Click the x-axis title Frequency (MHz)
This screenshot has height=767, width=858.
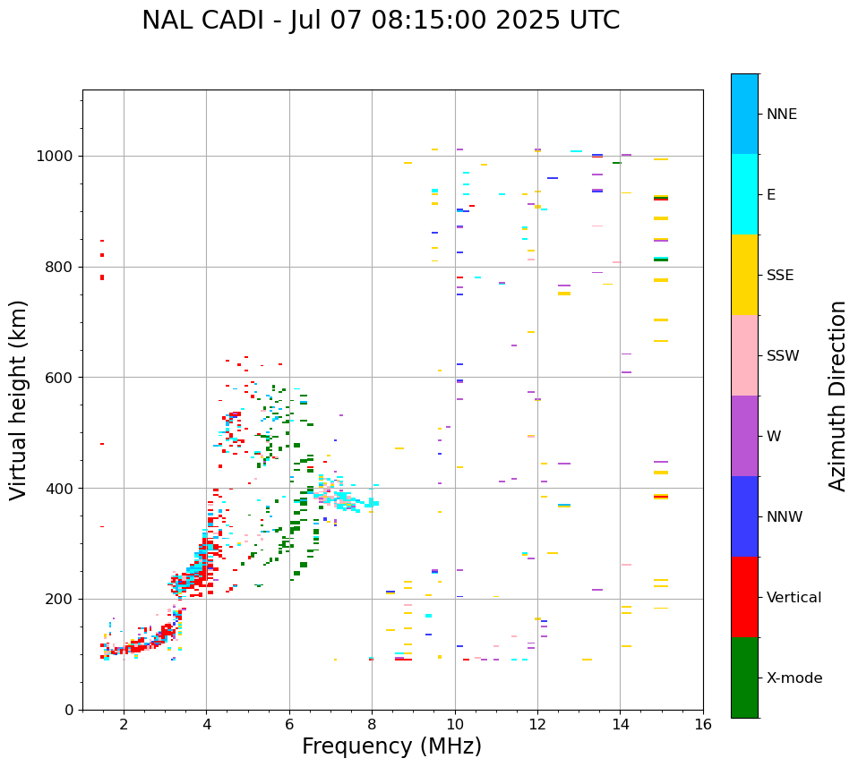pyautogui.click(x=391, y=746)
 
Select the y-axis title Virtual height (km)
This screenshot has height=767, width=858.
pyautogui.click(x=19, y=399)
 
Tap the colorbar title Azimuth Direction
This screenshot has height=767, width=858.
pyautogui.click(x=837, y=396)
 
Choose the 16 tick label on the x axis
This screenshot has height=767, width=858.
pyautogui.click(x=703, y=725)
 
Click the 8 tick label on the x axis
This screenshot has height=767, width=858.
pyautogui.click(x=372, y=725)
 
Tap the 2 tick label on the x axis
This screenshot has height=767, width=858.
pyautogui.click(x=124, y=725)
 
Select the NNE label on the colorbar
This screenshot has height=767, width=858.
pyautogui.click(x=781, y=115)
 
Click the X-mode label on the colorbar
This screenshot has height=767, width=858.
pyautogui.click(x=794, y=678)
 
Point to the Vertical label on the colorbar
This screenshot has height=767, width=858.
pyautogui.click(x=794, y=598)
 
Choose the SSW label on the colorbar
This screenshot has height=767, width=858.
pyautogui.click(x=783, y=356)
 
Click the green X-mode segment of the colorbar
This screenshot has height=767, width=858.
pyautogui.click(x=744, y=678)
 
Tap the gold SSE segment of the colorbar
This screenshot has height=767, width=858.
pyautogui.click(x=744, y=275)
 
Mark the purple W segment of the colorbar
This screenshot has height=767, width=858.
pyautogui.click(x=744, y=436)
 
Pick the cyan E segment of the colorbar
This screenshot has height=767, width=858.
pyautogui.click(x=744, y=194)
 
